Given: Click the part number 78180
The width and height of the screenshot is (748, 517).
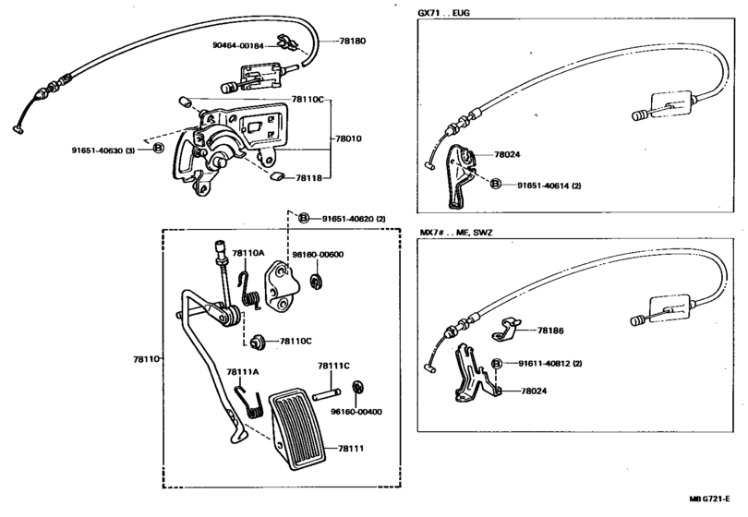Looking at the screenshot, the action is pos(353,41).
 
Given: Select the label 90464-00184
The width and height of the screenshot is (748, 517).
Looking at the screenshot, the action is pos(238,46).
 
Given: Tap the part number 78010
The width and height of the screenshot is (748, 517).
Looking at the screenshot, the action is pos(348,138).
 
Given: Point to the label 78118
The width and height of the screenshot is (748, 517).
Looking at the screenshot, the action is pos(308,178).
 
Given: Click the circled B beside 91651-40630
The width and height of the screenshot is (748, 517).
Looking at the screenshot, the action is pos(159,149).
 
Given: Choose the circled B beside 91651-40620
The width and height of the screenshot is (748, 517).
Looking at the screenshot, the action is pos(304,219).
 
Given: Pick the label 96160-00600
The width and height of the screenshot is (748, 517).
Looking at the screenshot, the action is pos(318,255).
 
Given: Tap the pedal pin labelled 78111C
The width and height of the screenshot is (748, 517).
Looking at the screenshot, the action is pos(327,394).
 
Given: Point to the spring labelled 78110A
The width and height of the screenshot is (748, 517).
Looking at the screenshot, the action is pos(249,291).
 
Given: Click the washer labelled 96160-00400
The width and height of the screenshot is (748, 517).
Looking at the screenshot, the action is pos(357,387).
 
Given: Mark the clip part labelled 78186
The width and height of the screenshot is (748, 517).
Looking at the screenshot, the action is pos(506,330).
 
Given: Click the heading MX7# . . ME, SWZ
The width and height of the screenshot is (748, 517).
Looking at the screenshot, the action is pos(455,233).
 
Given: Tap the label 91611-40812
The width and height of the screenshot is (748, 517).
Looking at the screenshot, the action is pos(544,364).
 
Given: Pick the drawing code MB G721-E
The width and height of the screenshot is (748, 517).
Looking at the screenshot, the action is pos(709,499).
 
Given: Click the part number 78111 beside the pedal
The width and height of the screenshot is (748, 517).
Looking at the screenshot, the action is pos(351,449).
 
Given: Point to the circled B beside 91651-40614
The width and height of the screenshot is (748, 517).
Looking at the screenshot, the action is pos(496,184).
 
